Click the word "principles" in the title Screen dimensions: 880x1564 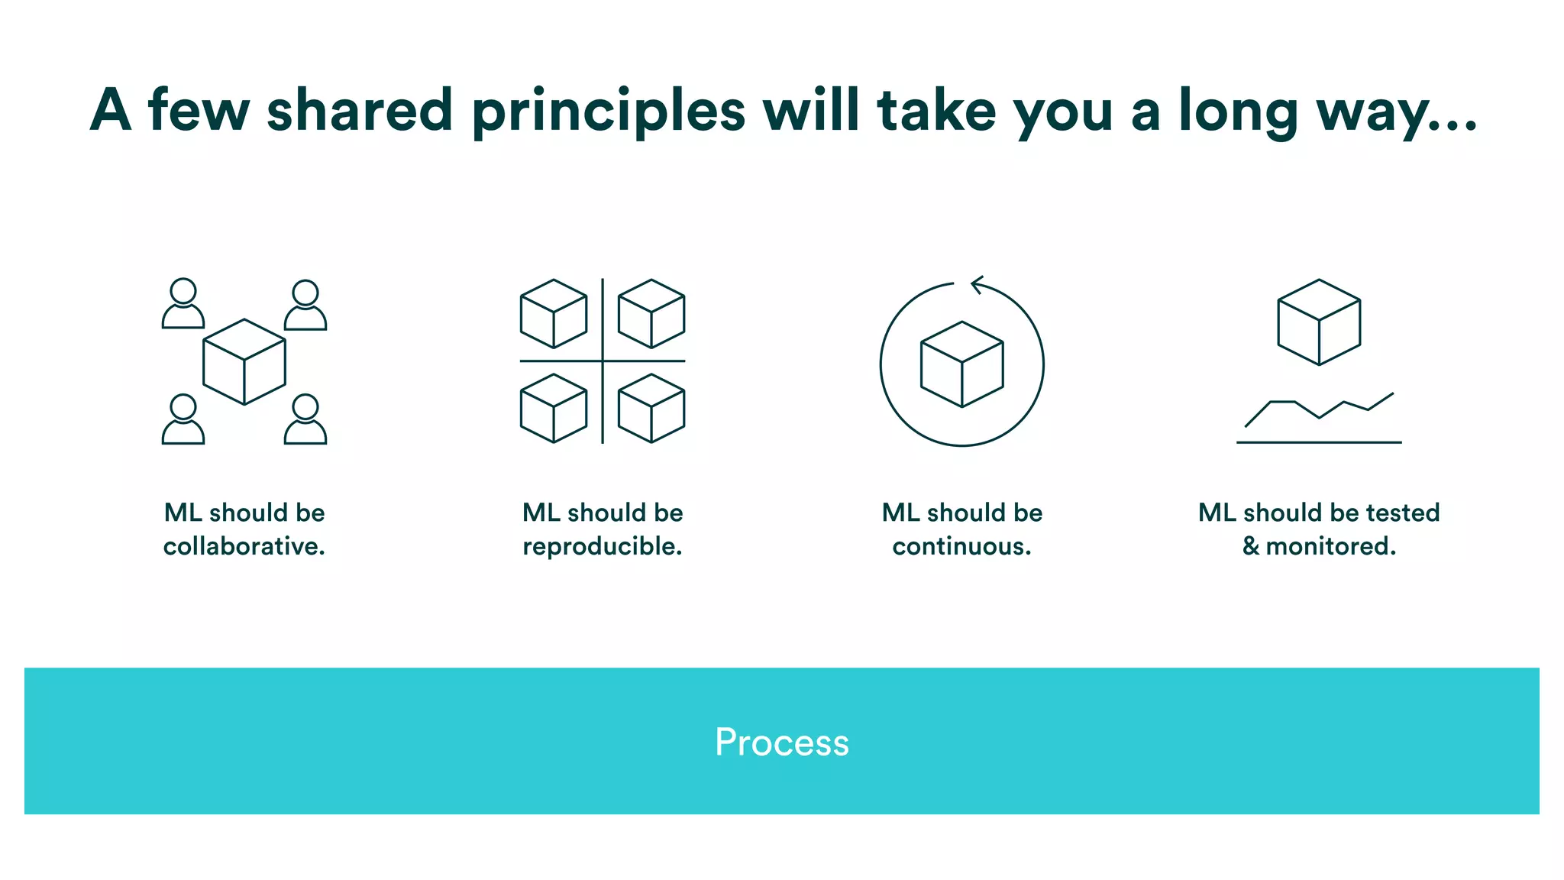coord(608,112)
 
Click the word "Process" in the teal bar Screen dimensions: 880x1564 coord(781,742)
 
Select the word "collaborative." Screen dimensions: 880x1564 coord(244,546)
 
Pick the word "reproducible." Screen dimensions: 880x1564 coord(602,546)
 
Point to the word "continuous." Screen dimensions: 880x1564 coord(961,546)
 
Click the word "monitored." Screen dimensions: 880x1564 coord(1330,546)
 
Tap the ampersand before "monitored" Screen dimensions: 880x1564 coord(1250,546)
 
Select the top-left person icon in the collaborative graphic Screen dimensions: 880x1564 coord(183,303)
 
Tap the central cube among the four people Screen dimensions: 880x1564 coord(244,361)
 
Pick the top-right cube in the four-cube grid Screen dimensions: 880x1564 coord(651,313)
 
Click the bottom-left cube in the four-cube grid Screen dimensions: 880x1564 coord(554,408)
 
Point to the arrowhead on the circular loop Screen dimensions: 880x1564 coord(977,285)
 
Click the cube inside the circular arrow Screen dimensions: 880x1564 coord(961,364)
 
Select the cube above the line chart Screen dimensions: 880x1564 coord(1319,322)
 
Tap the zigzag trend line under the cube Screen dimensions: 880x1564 coord(1319,409)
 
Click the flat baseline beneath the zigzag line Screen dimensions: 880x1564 coord(1319,442)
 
